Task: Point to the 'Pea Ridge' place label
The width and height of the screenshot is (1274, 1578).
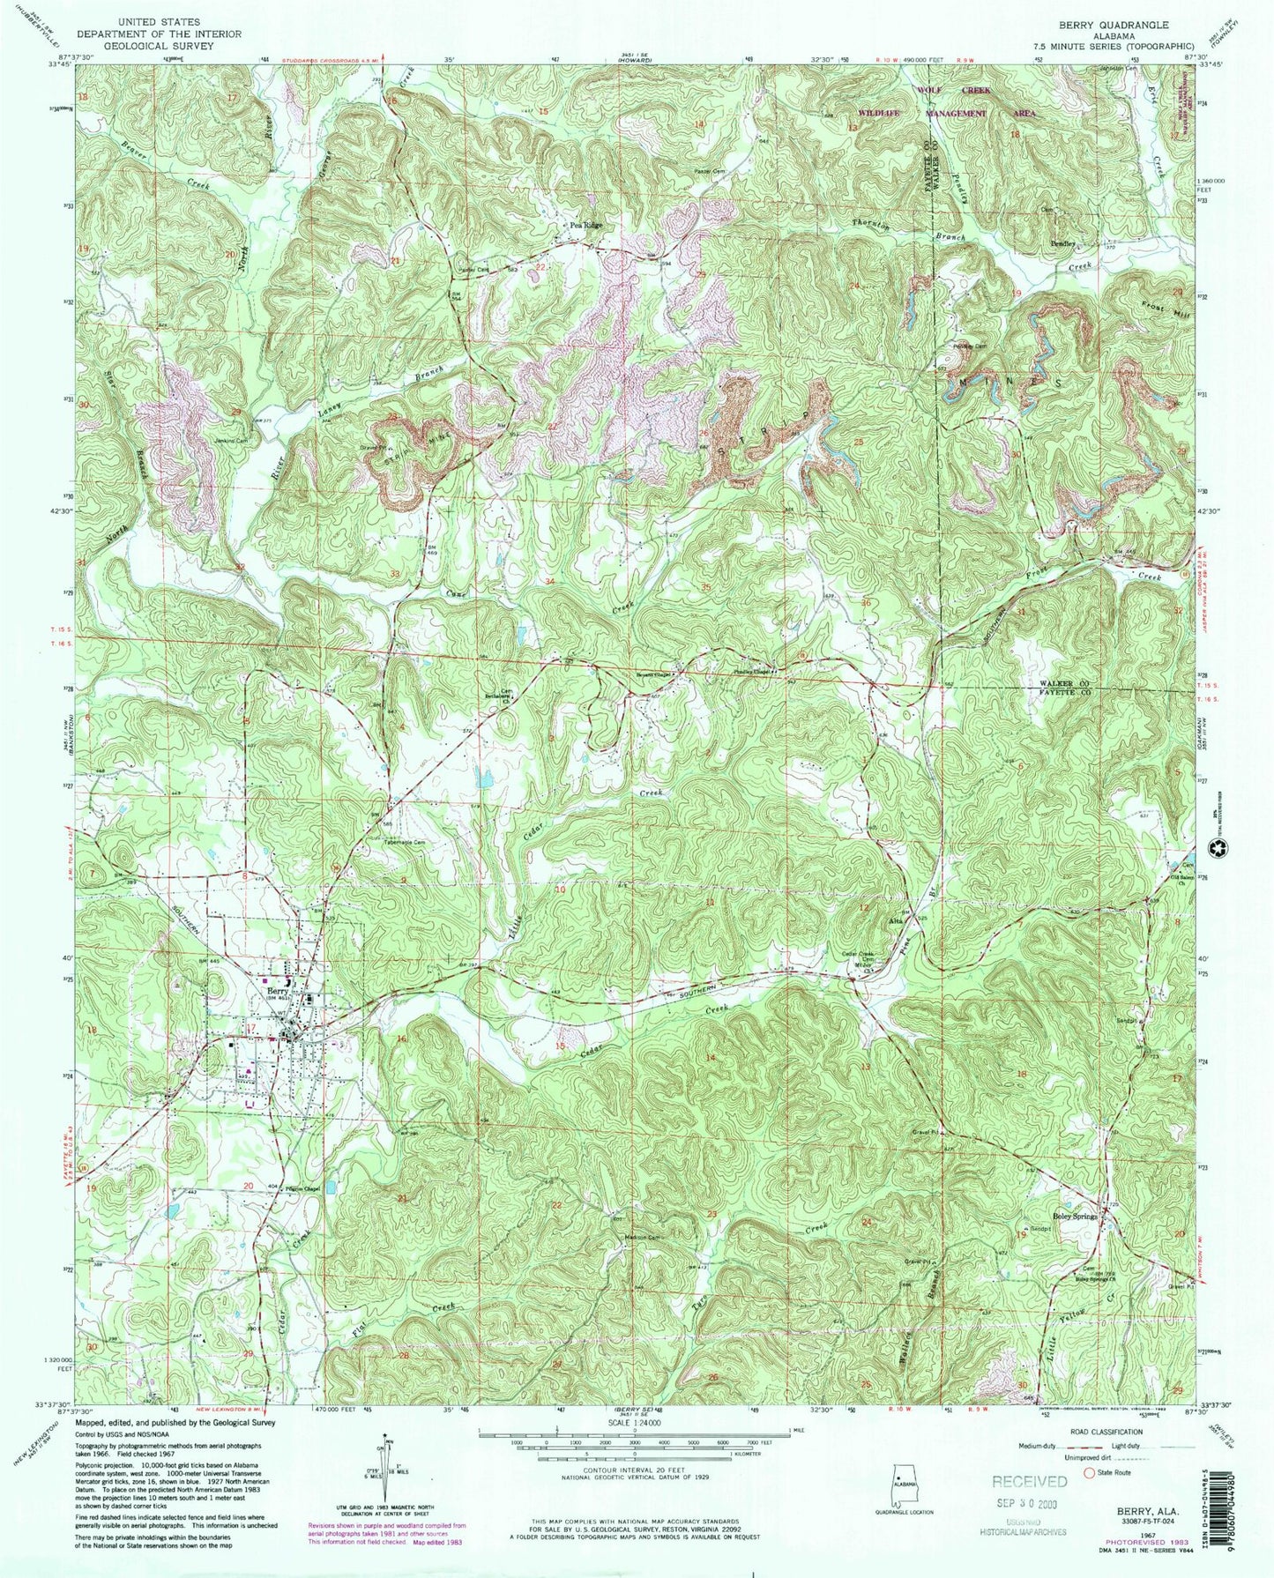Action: (x=586, y=226)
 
